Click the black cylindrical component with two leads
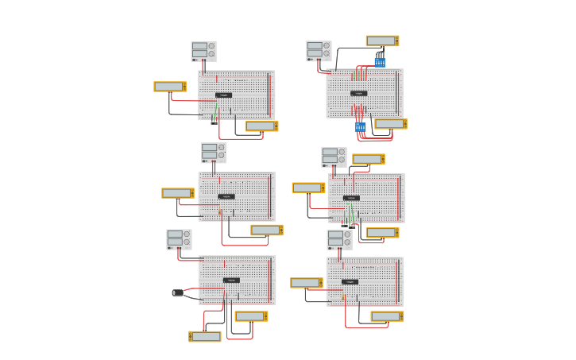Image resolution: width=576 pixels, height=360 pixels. [178, 292]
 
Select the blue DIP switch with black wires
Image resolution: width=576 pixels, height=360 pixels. [380, 62]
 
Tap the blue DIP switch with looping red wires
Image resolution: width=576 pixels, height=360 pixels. [361, 127]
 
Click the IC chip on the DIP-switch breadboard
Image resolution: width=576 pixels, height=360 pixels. [359, 94]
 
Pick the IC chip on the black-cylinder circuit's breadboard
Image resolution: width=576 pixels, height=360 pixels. [231, 280]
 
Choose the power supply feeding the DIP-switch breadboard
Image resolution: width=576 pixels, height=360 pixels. [319, 51]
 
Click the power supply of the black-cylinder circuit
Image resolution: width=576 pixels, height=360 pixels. [179, 239]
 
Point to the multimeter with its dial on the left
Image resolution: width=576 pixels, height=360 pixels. [206, 336]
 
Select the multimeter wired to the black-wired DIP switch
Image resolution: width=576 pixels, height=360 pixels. [382, 41]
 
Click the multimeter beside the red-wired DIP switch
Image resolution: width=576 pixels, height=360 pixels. [391, 124]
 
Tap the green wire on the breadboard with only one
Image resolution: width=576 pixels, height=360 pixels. [215, 111]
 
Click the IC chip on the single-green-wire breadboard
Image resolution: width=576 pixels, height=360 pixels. [224, 95]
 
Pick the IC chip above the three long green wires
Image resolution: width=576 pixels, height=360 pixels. [351, 198]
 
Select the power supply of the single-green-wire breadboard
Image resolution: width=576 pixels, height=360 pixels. [203, 52]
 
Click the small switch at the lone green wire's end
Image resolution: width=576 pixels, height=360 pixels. [214, 122]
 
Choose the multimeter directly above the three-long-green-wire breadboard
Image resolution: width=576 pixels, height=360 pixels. [369, 159]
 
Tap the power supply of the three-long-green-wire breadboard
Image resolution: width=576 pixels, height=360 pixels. [334, 157]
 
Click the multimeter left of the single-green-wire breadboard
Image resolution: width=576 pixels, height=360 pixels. [170, 87]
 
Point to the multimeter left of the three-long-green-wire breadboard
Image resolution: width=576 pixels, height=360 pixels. [308, 188]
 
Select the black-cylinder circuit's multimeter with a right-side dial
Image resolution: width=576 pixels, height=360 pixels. [251, 316]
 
